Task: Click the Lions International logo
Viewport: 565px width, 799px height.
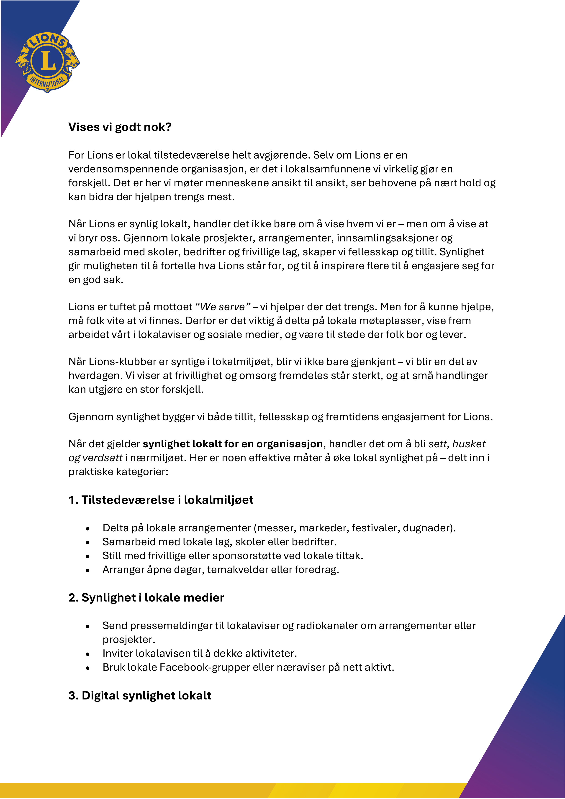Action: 48,62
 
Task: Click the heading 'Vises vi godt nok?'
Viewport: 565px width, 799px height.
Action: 120,127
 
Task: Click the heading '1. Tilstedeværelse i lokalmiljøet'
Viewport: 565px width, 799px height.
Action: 161,500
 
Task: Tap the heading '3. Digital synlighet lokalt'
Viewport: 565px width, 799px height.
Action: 140,696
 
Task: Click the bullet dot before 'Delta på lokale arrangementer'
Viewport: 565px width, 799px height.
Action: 88,529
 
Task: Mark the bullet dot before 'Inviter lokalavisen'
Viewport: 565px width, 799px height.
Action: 88,654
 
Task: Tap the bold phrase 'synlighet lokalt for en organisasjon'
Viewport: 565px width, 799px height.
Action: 233,444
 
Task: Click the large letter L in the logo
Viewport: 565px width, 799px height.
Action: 48,60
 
